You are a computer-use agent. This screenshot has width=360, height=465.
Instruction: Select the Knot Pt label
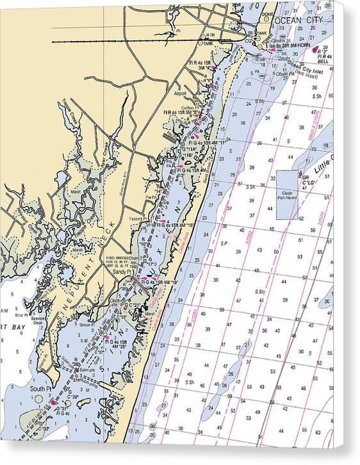click(x=26, y=315)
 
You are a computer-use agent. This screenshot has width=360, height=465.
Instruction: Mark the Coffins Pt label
click(x=191, y=106)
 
